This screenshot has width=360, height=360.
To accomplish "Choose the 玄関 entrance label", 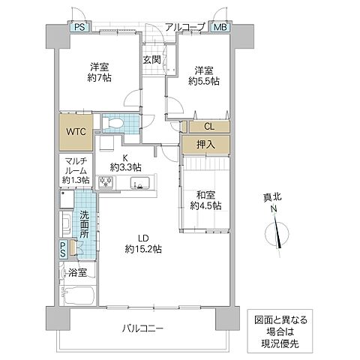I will coord(151,60).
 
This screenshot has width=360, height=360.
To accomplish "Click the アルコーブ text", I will coord(185,27).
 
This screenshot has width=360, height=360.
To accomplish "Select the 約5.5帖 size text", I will coord(204,81).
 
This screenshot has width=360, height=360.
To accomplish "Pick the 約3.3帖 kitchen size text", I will coord(125,167).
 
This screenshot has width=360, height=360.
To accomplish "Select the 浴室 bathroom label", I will coord(77,273).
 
